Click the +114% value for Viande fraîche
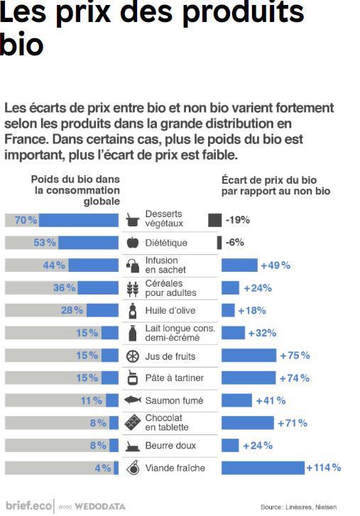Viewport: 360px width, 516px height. pyautogui.click(x=323, y=468)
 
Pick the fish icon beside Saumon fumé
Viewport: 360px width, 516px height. pyautogui.click(x=133, y=400)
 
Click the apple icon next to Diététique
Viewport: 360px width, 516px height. pyautogui.click(x=132, y=243)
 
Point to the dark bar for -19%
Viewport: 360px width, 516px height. pyautogui.click(x=214, y=220)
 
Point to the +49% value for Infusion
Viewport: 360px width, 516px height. pyautogui.click(x=275, y=265)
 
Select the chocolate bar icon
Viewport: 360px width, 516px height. pyautogui.click(x=132, y=423)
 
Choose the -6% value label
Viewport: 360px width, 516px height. pyautogui.click(x=234, y=242)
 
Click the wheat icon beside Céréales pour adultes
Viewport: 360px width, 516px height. pyautogui.click(x=132, y=288)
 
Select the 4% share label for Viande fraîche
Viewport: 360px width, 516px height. pyautogui.click(x=104, y=468)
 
